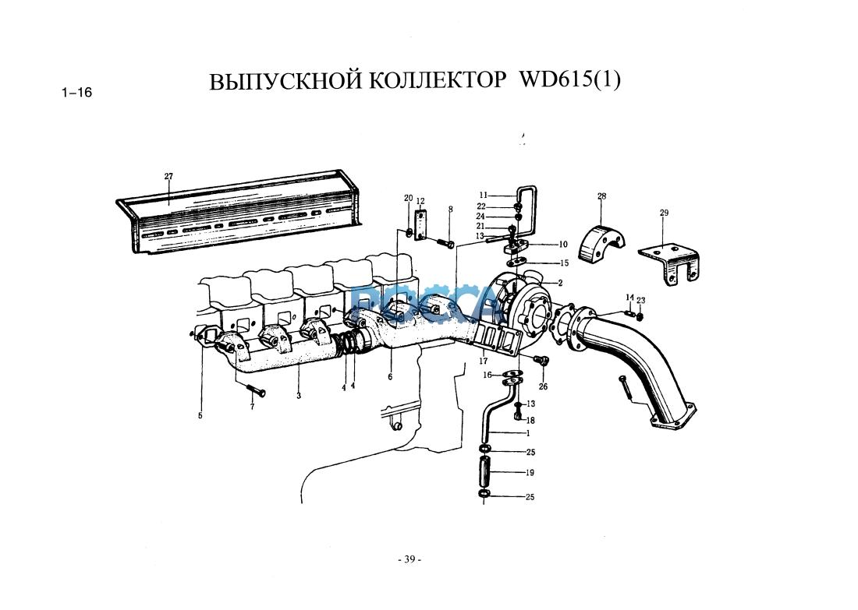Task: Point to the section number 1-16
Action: click(76, 93)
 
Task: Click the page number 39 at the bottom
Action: click(409, 559)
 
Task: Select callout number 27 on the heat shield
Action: click(168, 176)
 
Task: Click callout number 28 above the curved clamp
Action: click(601, 196)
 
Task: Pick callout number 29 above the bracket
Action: click(664, 213)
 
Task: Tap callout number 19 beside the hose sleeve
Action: click(530, 473)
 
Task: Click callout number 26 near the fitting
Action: click(543, 386)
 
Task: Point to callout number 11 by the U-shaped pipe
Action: click(483, 195)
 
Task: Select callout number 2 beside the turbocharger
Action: click(560, 283)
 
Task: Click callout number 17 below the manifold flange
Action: click(484, 361)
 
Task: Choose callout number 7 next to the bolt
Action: click(252, 407)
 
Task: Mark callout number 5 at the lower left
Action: click(200, 416)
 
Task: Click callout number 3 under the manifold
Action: click(299, 396)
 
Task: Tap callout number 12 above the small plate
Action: click(420, 202)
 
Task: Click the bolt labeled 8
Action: click(447, 244)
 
